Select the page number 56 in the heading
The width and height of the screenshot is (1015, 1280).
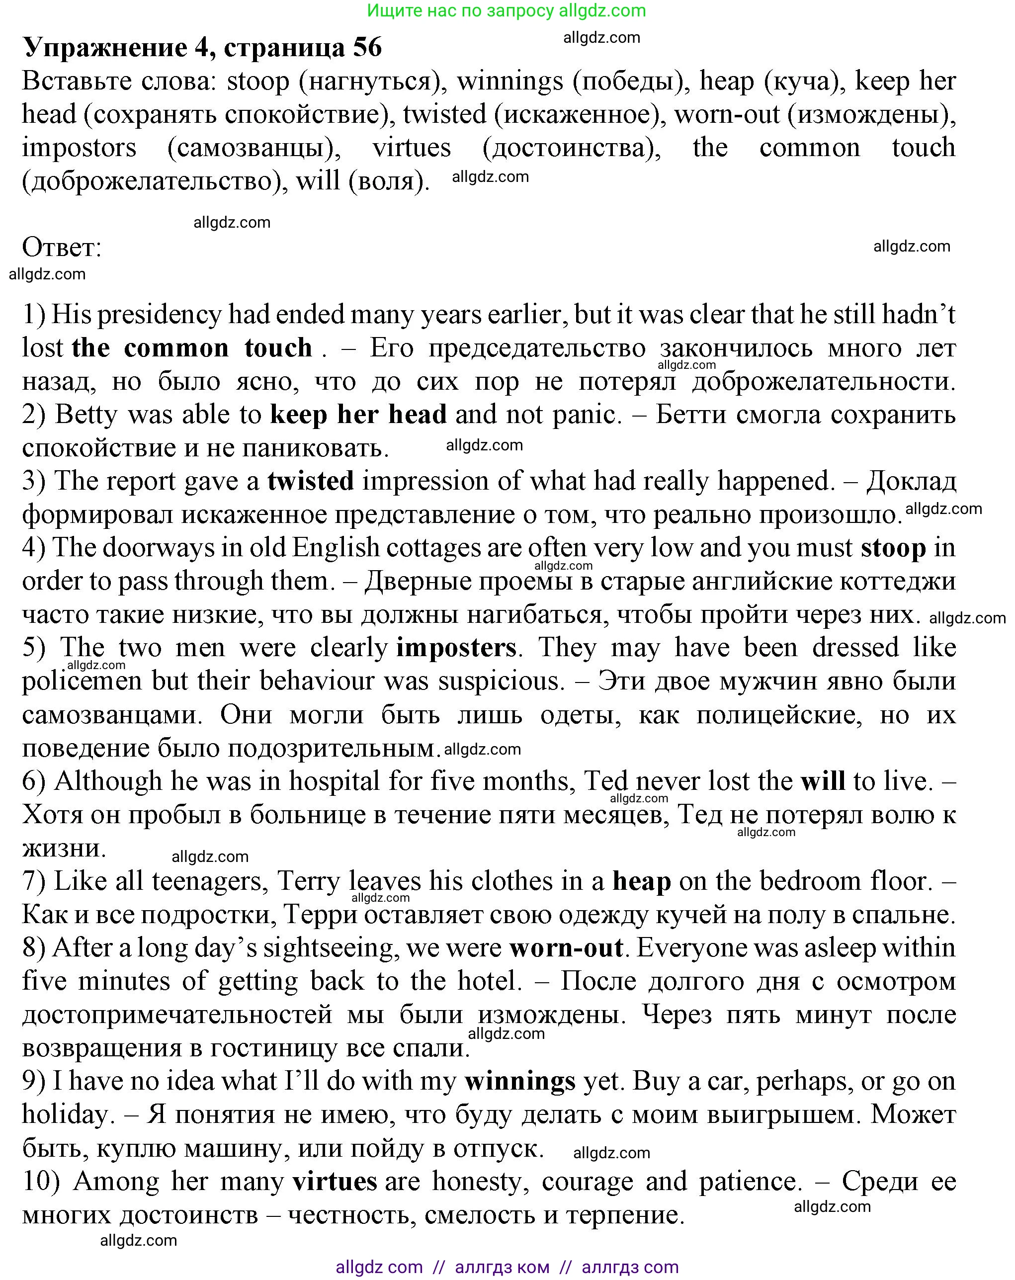(367, 48)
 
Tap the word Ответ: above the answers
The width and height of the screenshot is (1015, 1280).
(62, 247)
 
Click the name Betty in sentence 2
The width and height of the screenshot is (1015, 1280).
(86, 415)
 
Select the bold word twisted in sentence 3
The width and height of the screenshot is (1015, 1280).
(311, 481)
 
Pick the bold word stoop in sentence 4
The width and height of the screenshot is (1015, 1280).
(893, 548)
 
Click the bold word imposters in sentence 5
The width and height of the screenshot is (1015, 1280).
(456, 648)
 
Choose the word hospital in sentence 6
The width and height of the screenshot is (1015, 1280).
(334, 781)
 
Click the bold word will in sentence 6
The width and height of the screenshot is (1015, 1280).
(823, 781)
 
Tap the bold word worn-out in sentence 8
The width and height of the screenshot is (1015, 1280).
(566, 948)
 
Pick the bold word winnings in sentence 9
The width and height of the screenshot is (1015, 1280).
(520, 1081)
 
